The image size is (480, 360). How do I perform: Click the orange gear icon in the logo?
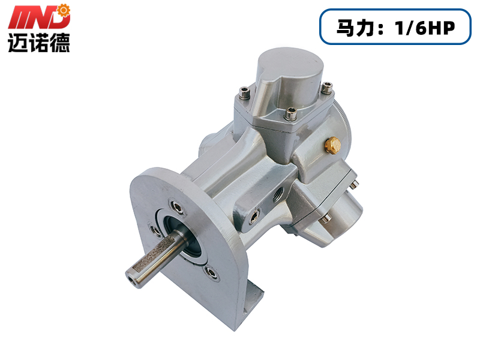(64, 10)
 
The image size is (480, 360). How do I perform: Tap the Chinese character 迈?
(18, 42)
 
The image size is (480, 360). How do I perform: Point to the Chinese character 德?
(60, 42)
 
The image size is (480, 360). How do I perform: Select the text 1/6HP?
(425, 28)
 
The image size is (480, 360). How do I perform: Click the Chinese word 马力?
(356, 28)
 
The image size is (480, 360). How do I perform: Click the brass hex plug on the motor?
(333, 145)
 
